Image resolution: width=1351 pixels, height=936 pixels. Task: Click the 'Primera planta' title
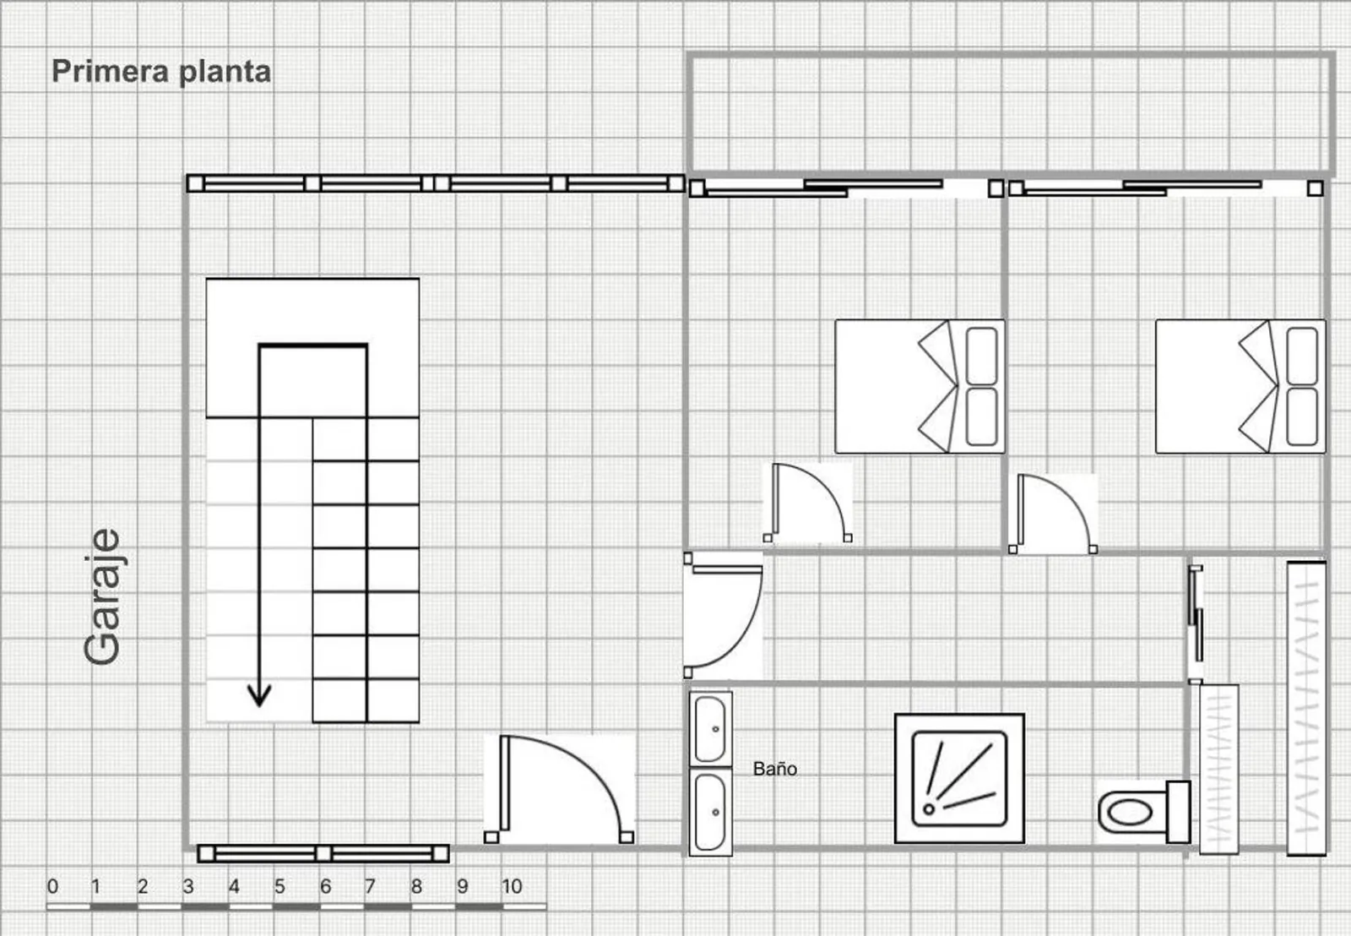[161, 72]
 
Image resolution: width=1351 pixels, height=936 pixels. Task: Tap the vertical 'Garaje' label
[103, 597]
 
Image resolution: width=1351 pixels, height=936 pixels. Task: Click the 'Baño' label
[775, 769]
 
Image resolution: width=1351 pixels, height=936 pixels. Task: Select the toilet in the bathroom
[1143, 812]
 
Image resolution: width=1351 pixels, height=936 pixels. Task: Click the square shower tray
[959, 779]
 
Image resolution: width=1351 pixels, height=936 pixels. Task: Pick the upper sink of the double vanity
[710, 730]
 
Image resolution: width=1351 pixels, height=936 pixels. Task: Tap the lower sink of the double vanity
[710, 813]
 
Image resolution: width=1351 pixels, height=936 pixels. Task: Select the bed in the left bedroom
[920, 386]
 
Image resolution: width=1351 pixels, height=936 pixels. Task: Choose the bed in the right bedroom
[1240, 386]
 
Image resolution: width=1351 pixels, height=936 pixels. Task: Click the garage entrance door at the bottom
[559, 789]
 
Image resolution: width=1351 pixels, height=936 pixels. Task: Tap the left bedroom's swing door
[807, 503]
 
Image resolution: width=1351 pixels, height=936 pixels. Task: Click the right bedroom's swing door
[1052, 514]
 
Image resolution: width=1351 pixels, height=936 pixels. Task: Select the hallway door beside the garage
[723, 615]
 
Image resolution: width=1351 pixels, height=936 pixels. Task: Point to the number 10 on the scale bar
[512, 886]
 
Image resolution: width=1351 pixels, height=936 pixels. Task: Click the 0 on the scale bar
[53, 886]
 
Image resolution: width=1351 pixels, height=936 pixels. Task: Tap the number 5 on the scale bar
[279, 886]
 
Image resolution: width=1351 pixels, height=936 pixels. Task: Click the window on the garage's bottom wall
[323, 853]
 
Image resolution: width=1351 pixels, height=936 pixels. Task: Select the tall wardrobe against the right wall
[1306, 709]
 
